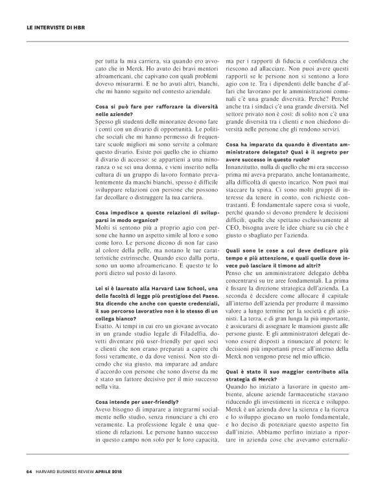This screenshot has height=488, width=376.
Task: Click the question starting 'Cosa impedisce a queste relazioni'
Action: (x=156, y=213)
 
